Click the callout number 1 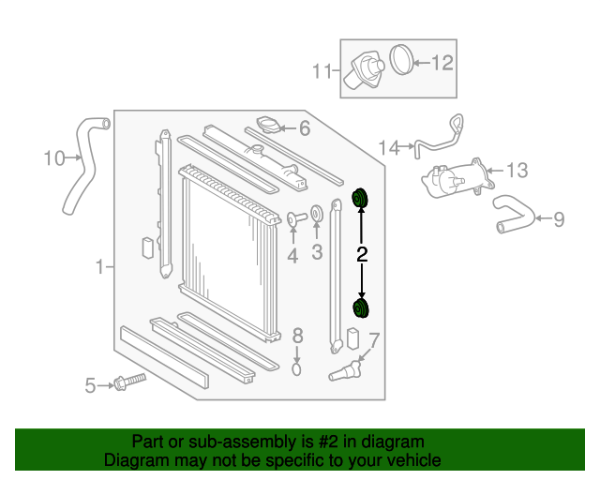tap(99, 268)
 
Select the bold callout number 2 tap(362, 254)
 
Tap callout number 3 tap(317, 251)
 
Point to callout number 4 tap(292, 255)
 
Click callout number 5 tap(91, 384)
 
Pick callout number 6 tap(304, 128)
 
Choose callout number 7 tap(374, 340)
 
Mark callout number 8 tap(297, 336)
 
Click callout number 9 tap(559, 219)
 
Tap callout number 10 tap(53, 157)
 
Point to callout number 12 tap(442, 63)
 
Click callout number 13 tap(517, 170)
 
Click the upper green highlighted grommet tap(360, 198)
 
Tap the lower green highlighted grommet tap(361, 309)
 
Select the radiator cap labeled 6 tap(269, 126)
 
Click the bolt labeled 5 tap(127, 382)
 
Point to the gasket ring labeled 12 tap(400, 60)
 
